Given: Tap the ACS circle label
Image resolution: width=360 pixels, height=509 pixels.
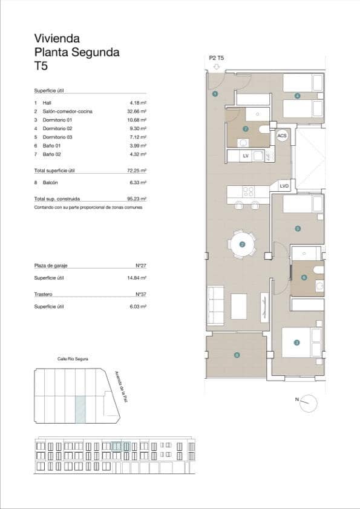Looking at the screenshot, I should (282, 136).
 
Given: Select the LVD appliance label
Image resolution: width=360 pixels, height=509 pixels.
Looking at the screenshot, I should (284, 186).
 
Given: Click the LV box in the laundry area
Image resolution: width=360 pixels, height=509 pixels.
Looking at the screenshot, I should (246, 156).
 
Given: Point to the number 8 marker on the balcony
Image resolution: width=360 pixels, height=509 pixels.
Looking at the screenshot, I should (237, 355).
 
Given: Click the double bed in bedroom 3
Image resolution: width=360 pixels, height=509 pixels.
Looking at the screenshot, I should (296, 341).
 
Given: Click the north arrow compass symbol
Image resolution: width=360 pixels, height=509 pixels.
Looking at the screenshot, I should (309, 402).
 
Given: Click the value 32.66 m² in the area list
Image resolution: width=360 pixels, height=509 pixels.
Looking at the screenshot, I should (138, 112).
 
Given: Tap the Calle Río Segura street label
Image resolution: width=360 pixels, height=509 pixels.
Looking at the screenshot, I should (73, 359).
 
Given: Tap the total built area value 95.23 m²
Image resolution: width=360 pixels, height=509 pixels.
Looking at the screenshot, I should (138, 199).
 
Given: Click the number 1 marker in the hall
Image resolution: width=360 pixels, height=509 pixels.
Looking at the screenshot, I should (214, 94).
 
